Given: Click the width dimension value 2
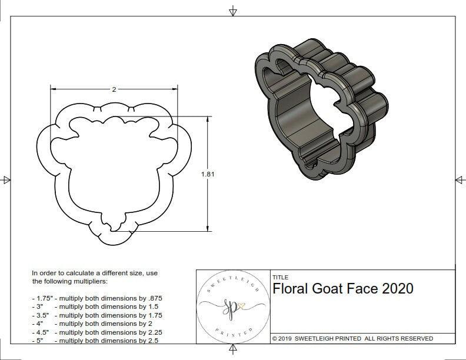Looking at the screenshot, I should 114,89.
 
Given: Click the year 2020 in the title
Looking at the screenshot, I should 398,289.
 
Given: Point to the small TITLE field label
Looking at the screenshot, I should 279,278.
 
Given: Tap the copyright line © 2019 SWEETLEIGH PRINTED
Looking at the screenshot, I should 352,338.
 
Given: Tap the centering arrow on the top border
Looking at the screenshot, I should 234,11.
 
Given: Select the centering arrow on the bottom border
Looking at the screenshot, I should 234,351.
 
